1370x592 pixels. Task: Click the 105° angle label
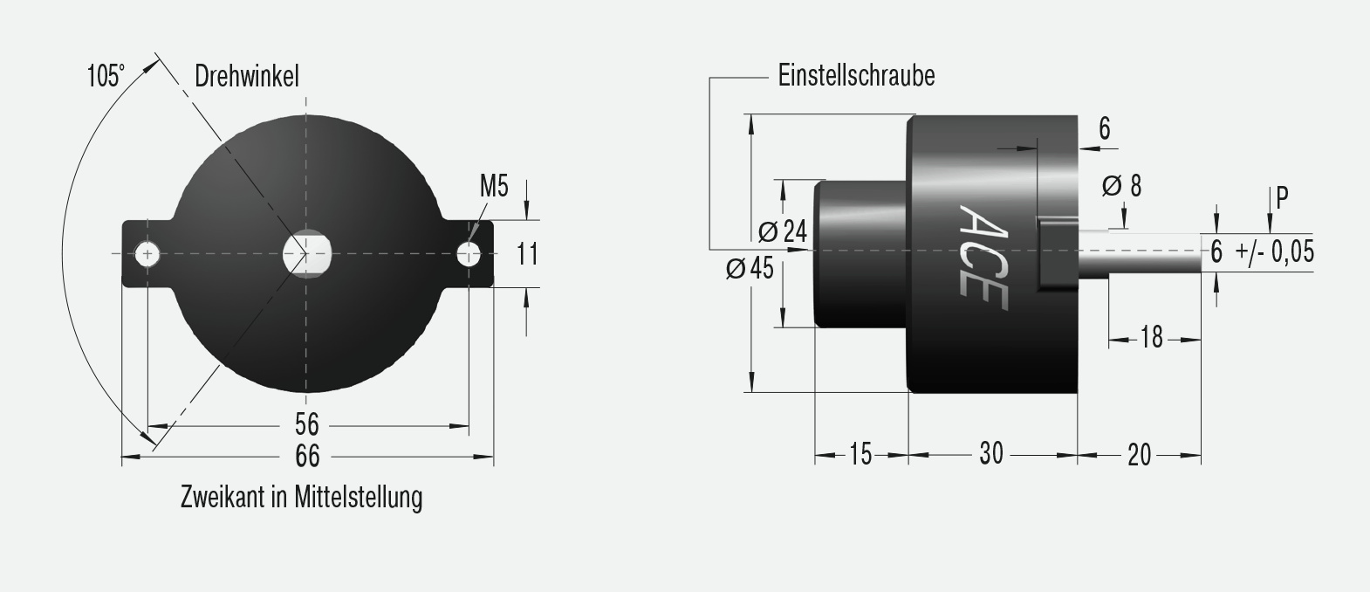click(106, 76)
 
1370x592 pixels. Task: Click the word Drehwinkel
click(246, 76)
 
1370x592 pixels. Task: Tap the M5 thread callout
click(494, 186)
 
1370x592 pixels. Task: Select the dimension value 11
click(527, 254)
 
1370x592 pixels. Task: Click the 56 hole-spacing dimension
click(307, 425)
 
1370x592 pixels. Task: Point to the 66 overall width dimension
click(307, 456)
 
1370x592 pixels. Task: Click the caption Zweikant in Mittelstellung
click(301, 498)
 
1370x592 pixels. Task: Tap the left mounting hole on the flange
click(147, 254)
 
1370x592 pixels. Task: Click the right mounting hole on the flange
click(469, 254)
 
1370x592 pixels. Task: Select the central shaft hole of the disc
click(307, 254)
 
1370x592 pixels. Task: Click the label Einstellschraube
click(856, 76)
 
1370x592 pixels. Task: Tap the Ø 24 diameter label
click(783, 232)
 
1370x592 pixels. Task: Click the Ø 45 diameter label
click(750, 269)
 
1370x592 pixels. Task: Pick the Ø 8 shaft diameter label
click(1121, 186)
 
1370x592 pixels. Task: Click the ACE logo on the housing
click(983, 258)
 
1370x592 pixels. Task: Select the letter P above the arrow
click(1282, 198)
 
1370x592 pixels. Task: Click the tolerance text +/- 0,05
click(1274, 252)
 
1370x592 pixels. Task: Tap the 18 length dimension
click(1152, 337)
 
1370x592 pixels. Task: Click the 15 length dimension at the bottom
click(860, 454)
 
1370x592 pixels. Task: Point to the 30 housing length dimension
click(991, 454)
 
